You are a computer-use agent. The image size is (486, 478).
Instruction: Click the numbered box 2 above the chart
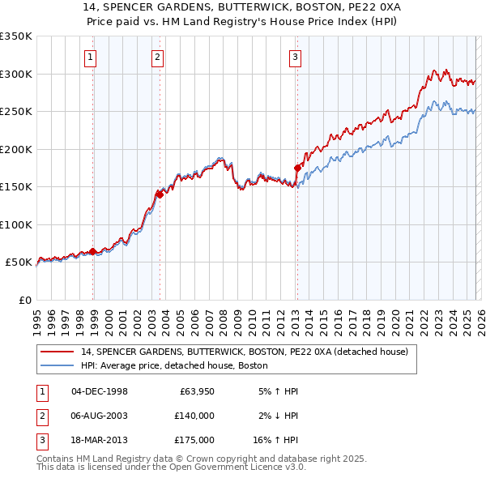[156, 57]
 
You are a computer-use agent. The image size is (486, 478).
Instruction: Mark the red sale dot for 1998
[93, 252]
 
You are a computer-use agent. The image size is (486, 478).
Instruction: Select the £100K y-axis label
[16, 224]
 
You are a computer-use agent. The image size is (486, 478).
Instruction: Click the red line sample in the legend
[58, 352]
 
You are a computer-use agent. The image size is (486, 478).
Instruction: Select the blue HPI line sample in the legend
[58, 365]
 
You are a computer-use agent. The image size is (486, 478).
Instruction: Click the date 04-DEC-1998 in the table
[100, 391]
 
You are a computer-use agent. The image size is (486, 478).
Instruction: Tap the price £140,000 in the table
[194, 416]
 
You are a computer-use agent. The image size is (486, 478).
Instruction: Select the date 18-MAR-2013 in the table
[100, 440]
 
